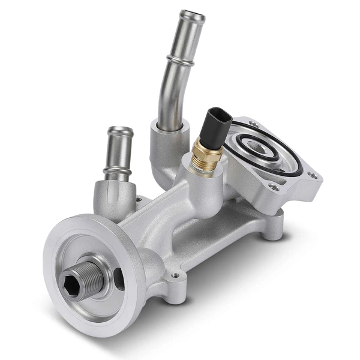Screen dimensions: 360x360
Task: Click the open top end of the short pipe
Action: pos(120,131)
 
